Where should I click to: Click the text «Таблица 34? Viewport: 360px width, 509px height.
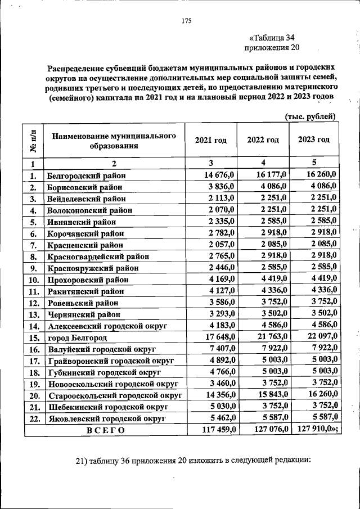click(272, 38)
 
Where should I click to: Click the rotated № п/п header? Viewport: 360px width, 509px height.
click(34, 141)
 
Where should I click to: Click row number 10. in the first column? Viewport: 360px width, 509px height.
click(33, 280)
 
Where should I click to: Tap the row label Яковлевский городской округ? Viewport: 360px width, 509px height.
click(106, 418)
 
